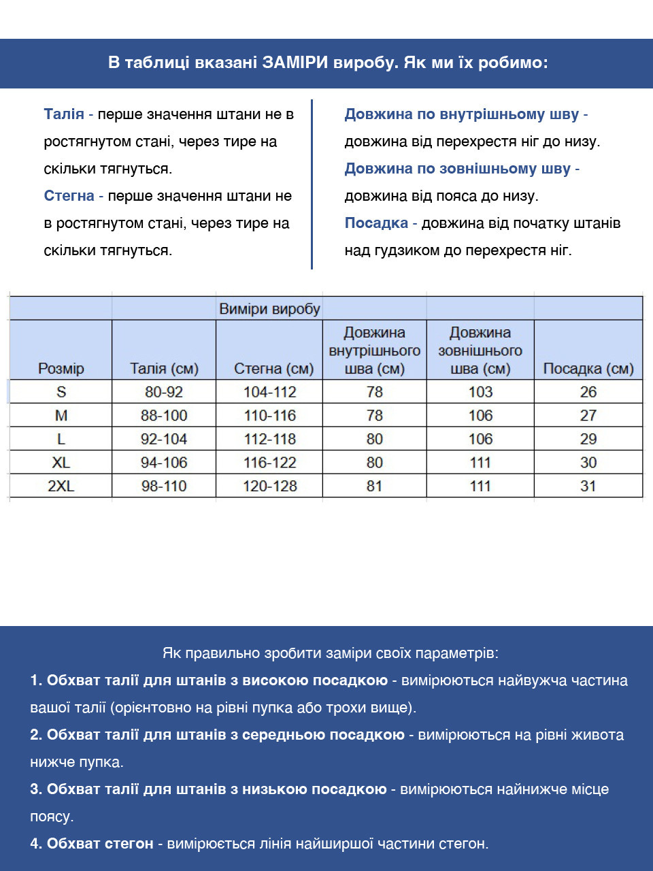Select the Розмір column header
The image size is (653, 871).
pos(61,369)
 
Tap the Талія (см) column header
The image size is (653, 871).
pos(164,369)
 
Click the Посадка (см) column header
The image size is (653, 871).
pos(588,369)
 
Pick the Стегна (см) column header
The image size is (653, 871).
pos(273,369)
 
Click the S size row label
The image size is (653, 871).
pos(61,392)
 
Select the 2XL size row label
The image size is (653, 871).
pos(61,486)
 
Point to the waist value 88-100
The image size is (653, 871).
pos(164,416)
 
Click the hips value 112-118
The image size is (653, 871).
pos(270,439)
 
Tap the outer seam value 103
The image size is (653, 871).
pos(480,392)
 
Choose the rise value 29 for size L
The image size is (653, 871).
pos(588,439)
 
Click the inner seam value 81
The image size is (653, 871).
pos(375,486)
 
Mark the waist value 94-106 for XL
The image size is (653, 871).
pos(164,463)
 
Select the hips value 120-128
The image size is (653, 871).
pos(270,486)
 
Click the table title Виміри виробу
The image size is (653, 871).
pos(269,309)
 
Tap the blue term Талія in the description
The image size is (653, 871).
pos(64,114)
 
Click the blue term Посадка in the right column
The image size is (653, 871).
pos(376,223)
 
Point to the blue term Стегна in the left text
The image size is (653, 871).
pos(69,196)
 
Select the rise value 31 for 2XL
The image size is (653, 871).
pos(588,486)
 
